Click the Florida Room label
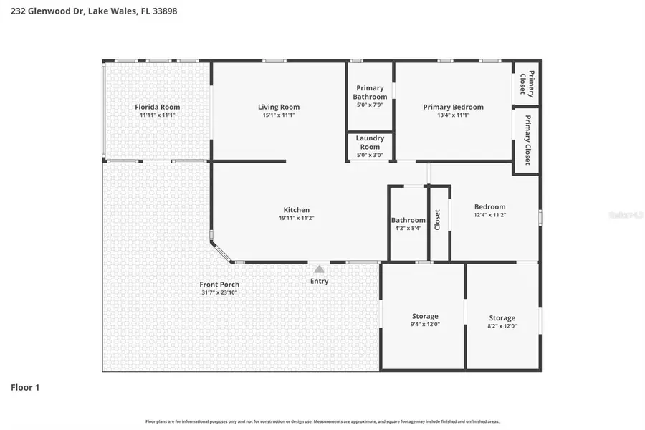pyautogui.click(x=157, y=107)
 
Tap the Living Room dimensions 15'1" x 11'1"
pyautogui.click(x=279, y=115)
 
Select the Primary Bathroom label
pyautogui.click(x=371, y=92)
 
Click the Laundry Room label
pyautogui.click(x=370, y=143)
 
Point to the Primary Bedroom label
pyautogui.click(x=453, y=107)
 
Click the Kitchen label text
pyautogui.click(x=296, y=210)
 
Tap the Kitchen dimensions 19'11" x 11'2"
pyautogui.click(x=296, y=219)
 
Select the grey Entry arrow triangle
pyautogui.click(x=319, y=269)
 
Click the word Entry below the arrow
pyautogui.click(x=319, y=281)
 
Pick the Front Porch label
pyautogui.click(x=219, y=285)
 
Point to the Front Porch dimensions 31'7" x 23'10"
pyautogui.click(x=219, y=293)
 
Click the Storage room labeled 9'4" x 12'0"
pyautogui.click(x=425, y=316)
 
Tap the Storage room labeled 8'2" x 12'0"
pyautogui.click(x=502, y=318)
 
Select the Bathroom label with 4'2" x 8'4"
pyautogui.click(x=408, y=220)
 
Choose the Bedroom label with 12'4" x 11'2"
pyautogui.click(x=489, y=207)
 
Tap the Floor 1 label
pyautogui.click(x=25, y=387)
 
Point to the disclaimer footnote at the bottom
pyautogui.click(x=322, y=421)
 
